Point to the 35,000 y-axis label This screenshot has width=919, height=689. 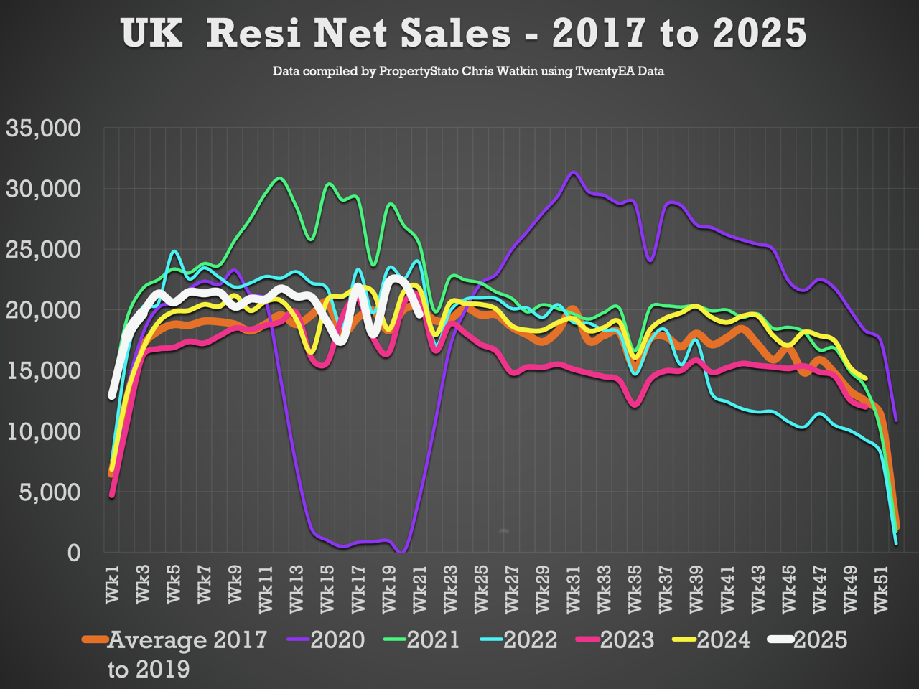[x=44, y=128]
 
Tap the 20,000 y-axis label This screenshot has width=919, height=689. [x=44, y=310]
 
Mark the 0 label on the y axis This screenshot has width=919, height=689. [x=74, y=553]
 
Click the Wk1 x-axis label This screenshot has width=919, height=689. [x=113, y=584]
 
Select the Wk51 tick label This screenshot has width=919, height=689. [x=882, y=589]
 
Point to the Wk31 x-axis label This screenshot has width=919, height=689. [x=574, y=589]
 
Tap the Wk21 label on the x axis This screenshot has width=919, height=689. [x=420, y=589]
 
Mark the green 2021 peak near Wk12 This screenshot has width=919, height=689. [x=280, y=178]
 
